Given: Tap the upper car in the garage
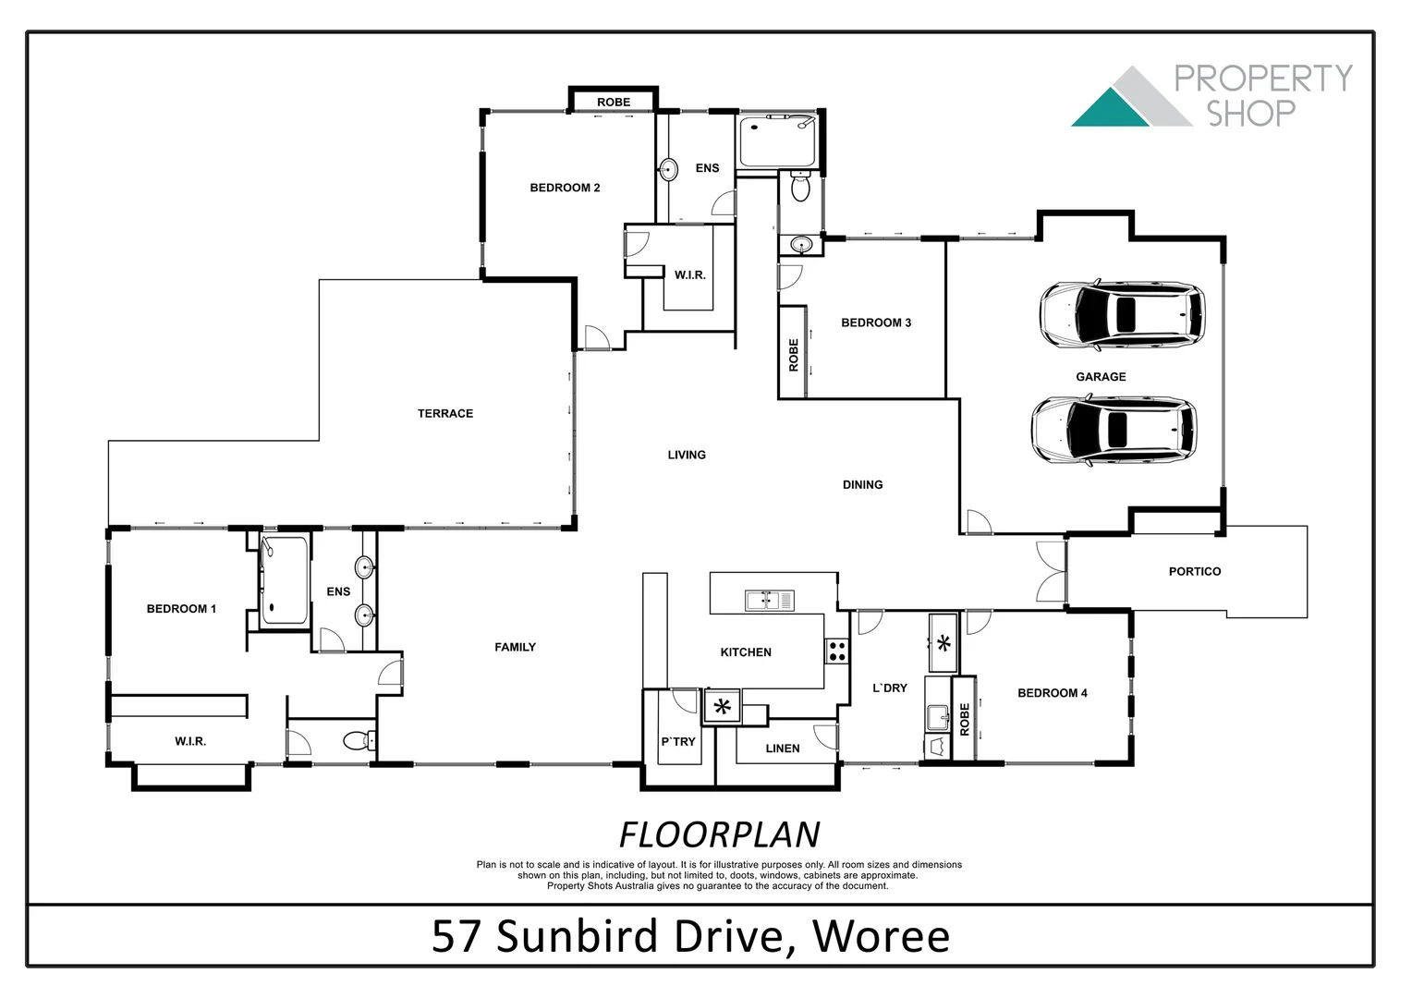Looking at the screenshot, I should click(x=1121, y=314).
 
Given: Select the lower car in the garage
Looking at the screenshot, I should click(x=1113, y=430).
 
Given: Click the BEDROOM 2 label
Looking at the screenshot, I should click(x=565, y=188).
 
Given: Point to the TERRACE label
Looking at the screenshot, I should click(x=445, y=413).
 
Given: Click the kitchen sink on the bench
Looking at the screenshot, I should click(x=769, y=601).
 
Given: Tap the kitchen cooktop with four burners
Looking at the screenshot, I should click(x=837, y=651).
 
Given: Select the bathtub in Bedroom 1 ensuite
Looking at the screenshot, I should click(x=285, y=580).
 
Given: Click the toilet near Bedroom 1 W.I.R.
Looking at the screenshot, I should click(x=356, y=740).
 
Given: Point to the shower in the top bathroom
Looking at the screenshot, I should click(x=777, y=141).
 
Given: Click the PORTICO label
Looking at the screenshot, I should click(x=1194, y=571).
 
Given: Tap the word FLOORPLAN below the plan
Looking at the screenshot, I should click(x=719, y=834).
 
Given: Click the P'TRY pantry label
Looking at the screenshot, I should click(x=678, y=741).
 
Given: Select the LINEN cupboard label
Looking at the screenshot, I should click(x=782, y=748).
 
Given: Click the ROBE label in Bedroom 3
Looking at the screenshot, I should click(x=793, y=355).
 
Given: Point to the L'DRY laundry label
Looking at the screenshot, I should click(x=890, y=688).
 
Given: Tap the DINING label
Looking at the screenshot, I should click(x=862, y=484).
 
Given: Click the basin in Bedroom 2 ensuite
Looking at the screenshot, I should click(x=668, y=169).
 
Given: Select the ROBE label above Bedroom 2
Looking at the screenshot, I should click(x=614, y=102).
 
